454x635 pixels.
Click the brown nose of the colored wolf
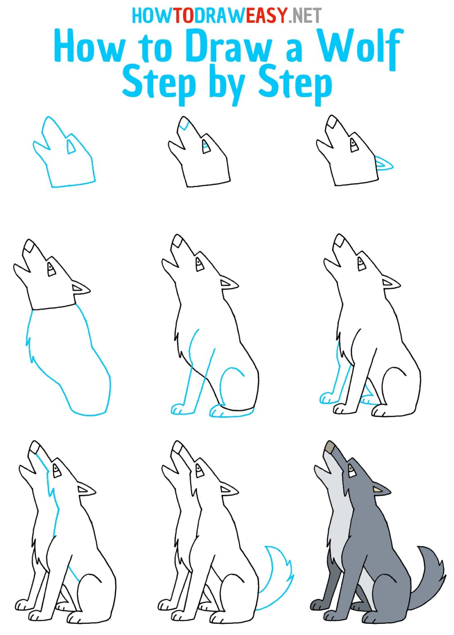pyautogui.click(x=330, y=447)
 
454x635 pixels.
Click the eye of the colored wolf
pyautogui.click(x=351, y=469)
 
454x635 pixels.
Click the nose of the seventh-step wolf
pyautogui.click(x=35, y=448)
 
